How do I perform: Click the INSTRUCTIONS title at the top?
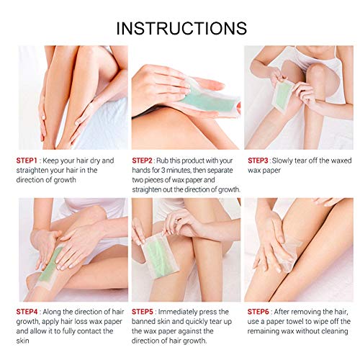[x=181, y=28]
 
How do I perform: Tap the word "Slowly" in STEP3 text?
[x=294, y=159]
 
